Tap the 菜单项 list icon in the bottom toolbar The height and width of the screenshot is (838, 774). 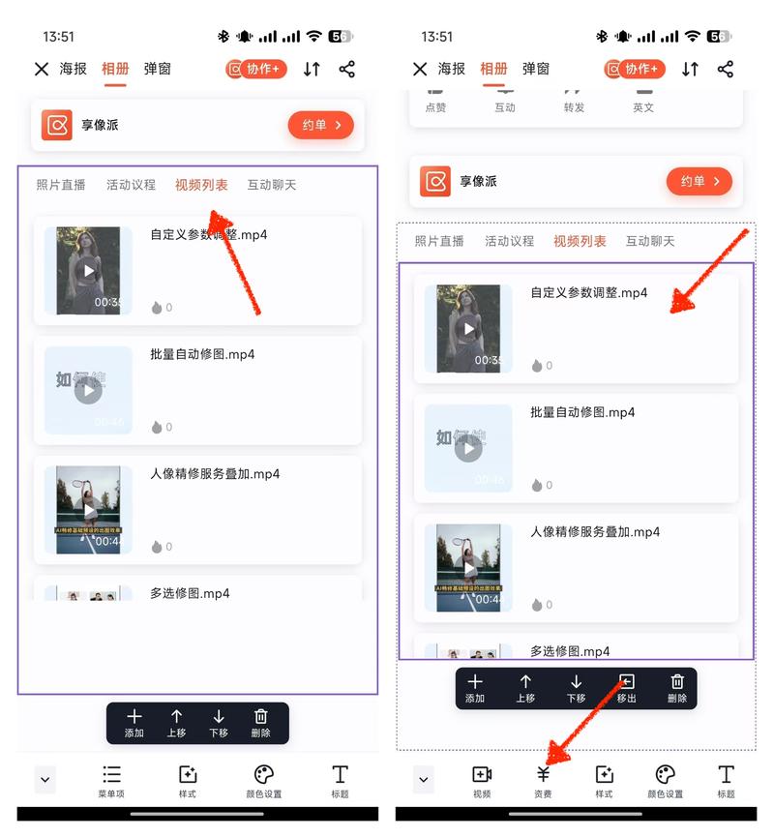(x=112, y=775)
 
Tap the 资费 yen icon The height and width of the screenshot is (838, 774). (x=543, y=775)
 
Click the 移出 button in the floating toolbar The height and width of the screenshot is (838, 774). (x=626, y=682)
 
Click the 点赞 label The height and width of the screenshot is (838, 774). (x=435, y=107)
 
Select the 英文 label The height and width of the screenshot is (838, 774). (x=643, y=107)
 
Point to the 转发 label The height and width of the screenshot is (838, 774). (x=574, y=107)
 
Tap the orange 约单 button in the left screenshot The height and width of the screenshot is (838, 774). (x=320, y=125)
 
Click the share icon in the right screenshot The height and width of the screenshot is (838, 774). (x=726, y=69)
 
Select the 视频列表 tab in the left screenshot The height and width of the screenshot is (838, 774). (x=201, y=185)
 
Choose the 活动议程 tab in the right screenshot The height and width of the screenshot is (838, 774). (x=509, y=241)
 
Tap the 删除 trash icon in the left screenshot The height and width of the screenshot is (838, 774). (x=260, y=717)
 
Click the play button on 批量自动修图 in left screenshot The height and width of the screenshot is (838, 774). (x=88, y=390)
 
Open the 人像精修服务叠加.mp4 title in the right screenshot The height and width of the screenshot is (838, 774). (x=595, y=531)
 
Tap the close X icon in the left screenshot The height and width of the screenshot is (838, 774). (x=42, y=69)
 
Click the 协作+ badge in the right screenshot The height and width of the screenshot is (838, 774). (x=636, y=69)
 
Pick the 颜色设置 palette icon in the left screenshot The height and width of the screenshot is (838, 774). (x=264, y=775)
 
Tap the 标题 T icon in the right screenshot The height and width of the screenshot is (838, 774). (x=726, y=775)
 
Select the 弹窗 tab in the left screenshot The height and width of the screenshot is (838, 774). (x=158, y=69)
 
